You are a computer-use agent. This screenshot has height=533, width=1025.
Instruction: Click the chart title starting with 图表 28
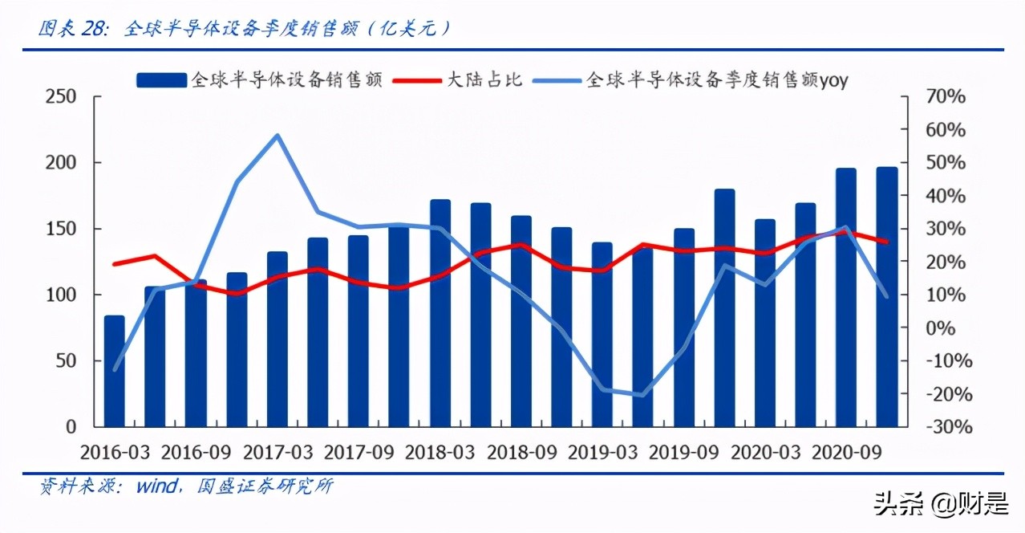(x=245, y=30)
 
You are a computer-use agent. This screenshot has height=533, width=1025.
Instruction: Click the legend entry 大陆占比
(x=484, y=79)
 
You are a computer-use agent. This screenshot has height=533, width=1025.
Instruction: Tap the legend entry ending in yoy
(x=717, y=79)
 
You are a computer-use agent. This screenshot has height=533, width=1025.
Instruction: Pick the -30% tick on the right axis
(x=944, y=427)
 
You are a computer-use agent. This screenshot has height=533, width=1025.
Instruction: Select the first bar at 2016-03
(x=115, y=371)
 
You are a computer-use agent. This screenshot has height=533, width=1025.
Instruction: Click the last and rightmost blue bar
(x=886, y=297)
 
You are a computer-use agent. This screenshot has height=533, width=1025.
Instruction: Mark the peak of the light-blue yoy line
(x=278, y=135)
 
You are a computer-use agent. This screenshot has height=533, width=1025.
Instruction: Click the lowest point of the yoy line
(x=642, y=394)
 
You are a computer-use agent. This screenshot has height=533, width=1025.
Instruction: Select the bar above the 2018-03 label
(x=440, y=313)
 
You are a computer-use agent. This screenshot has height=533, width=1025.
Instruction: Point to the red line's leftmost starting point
(x=115, y=263)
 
